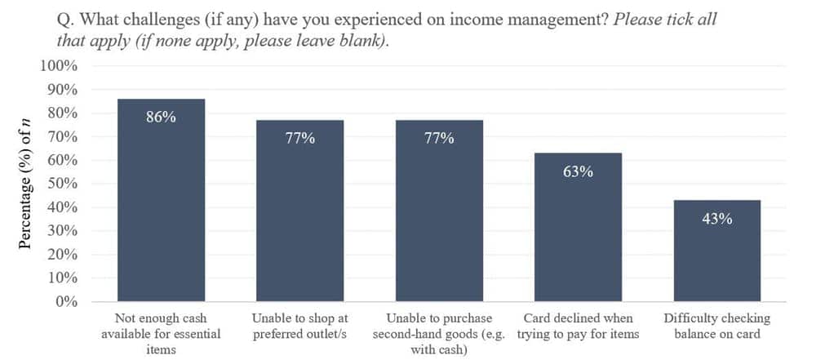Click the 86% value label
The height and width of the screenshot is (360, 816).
pos(161,117)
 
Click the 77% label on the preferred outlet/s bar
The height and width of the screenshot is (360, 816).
pos(299,138)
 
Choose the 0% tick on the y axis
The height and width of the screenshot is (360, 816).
pos(66,301)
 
